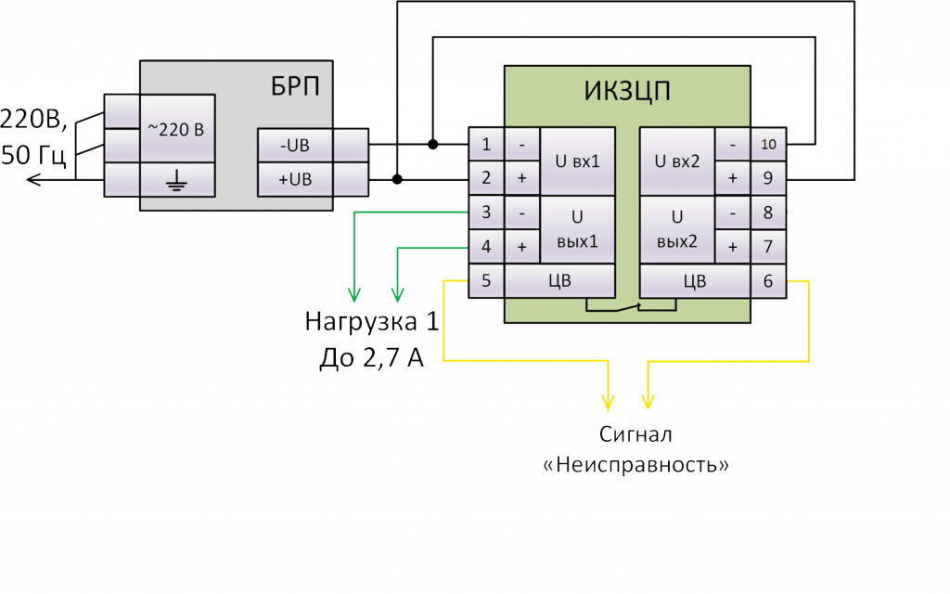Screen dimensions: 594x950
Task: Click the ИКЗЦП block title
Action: coord(627,92)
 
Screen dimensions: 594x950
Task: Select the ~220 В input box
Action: coord(176,128)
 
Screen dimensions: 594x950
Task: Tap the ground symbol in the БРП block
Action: coord(176,179)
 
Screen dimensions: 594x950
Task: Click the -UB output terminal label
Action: coord(294,145)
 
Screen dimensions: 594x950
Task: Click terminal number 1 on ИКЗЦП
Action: coord(486,145)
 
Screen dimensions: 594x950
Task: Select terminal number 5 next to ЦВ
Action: coord(486,280)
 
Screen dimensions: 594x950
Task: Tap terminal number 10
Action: coord(768,145)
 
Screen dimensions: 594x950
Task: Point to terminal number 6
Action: coord(768,280)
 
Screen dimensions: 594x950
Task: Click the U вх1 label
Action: coord(577,161)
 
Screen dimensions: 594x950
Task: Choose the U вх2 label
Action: coord(677,161)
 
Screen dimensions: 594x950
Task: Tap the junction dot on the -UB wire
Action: coord(433,145)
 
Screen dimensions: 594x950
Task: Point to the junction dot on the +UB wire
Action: coord(398,178)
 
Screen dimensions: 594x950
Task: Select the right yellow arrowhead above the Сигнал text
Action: coord(648,402)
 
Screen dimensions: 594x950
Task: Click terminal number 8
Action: coord(768,213)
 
